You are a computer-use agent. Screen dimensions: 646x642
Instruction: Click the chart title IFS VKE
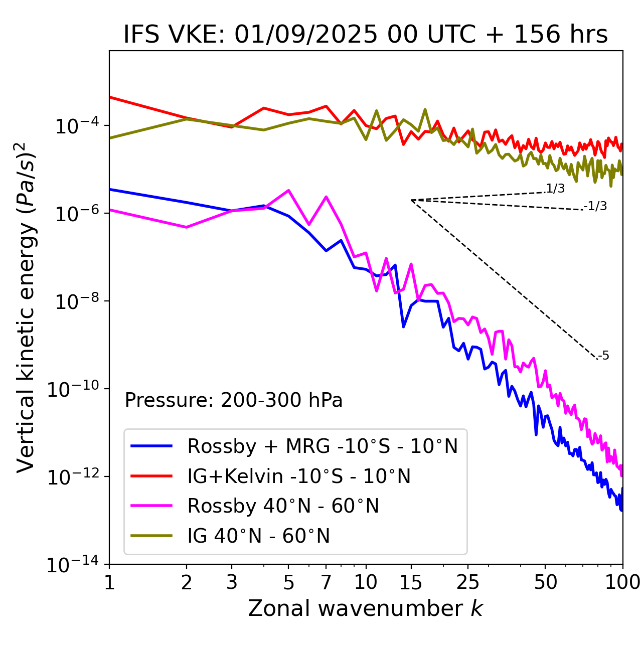click(x=366, y=35)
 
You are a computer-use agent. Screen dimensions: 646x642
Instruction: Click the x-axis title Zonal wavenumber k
click(x=366, y=608)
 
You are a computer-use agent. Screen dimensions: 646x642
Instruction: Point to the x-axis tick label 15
click(x=411, y=582)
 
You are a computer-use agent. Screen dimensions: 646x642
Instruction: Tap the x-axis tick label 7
click(x=326, y=582)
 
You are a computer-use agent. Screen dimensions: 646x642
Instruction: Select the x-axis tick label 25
click(x=468, y=582)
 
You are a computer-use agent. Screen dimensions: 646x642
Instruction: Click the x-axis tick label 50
click(x=545, y=582)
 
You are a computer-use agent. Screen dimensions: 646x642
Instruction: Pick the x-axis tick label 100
click(x=622, y=582)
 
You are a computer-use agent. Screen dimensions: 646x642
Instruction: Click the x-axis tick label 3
click(x=232, y=582)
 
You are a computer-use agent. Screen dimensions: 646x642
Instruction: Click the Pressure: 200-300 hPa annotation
click(x=233, y=400)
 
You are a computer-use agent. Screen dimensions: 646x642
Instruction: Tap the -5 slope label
click(x=603, y=356)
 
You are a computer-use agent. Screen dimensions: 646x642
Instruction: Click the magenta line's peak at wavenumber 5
click(x=288, y=190)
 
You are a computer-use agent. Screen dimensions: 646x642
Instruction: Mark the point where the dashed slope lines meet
click(x=411, y=200)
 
